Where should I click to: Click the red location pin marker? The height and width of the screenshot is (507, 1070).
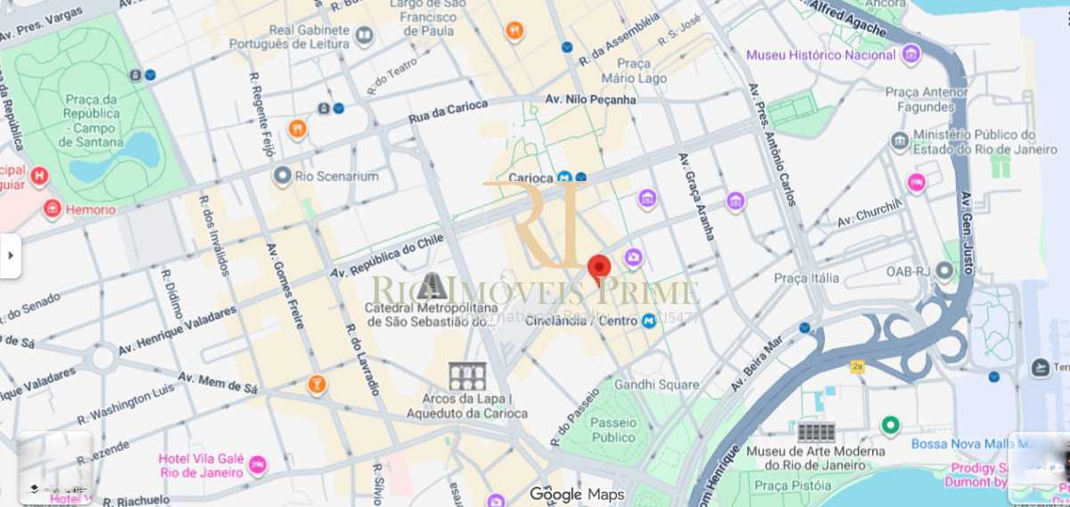click(x=599, y=269)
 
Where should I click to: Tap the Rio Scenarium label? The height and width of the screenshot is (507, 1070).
click(x=337, y=176)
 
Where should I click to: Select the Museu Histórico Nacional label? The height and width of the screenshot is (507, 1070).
click(x=820, y=55)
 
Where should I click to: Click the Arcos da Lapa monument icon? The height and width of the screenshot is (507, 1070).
click(x=466, y=377)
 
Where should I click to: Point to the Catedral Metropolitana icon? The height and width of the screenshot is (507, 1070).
click(x=432, y=286)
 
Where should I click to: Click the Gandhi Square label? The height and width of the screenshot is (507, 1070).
click(x=656, y=385)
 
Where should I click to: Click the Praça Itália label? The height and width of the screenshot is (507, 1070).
click(x=806, y=278)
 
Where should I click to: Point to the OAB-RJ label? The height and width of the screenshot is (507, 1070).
click(x=908, y=271)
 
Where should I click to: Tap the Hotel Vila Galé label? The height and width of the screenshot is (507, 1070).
click(x=201, y=465)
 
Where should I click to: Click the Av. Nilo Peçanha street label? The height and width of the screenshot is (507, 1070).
click(x=591, y=100)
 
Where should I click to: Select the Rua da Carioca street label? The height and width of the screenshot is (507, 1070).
click(x=448, y=111)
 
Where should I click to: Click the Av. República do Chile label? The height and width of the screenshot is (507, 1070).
click(x=387, y=258)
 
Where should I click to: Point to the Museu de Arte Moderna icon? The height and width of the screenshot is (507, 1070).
click(x=816, y=433)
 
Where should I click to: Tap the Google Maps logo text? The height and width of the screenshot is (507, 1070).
click(x=576, y=495)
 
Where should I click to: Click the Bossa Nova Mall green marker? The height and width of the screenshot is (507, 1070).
click(x=890, y=425)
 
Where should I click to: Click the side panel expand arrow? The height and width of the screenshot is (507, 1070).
click(x=10, y=256)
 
